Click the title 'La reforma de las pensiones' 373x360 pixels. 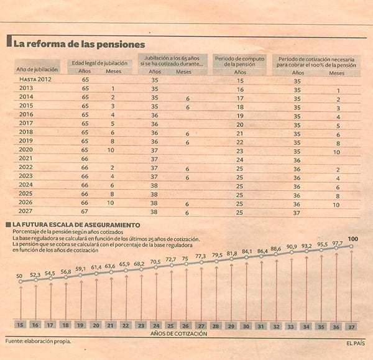[x=79, y=44]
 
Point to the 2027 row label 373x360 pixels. [x=26, y=211]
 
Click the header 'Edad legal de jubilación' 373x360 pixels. [x=100, y=63]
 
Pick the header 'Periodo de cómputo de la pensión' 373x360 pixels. [x=240, y=61]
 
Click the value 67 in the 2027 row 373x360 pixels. [x=86, y=211]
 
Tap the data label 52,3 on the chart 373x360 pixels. [x=35, y=274]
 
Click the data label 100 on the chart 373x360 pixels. [x=353, y=239]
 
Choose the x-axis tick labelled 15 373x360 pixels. [x=21, y=325]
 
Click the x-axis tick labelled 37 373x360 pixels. [x=352, y=325]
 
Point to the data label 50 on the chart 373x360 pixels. [x=19, y=275]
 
